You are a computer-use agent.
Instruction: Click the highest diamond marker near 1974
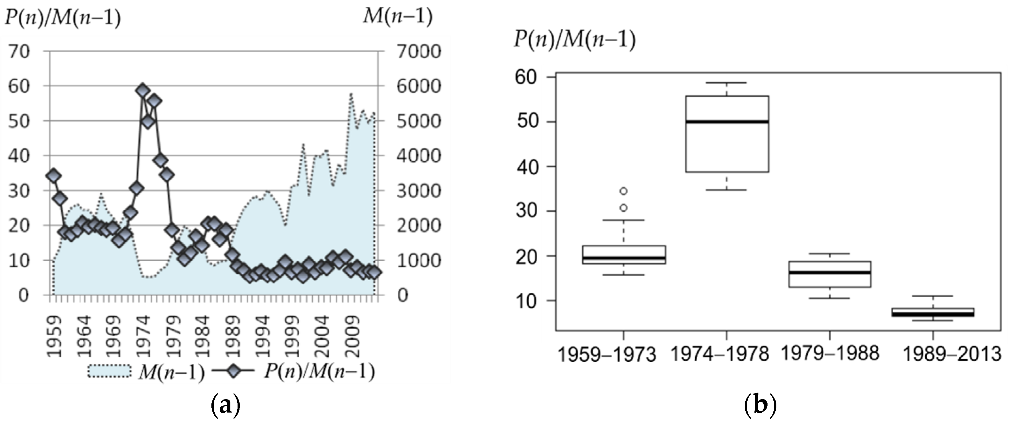pyautogui.click(x=142, y=90)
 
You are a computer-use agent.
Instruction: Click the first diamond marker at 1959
pyautogui.click(x=53, y=175)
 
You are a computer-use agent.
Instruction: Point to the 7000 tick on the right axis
pyautogui.click(x=419, y=52)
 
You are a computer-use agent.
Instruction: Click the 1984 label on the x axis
pyautogui.click(x=202, y=337)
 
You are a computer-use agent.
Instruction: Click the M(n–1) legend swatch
pyautogui.click(x=109, y=371)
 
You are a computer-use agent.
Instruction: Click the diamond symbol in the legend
pyautogui.click(x=233, y=370)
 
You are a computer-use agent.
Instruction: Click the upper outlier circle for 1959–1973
pyautogui.click(x=623, y=191)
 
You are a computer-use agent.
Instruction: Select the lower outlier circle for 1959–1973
pyautogui.click(x=623, y=208)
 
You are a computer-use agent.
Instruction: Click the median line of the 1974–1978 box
pyautogui.click(x=727, y=122)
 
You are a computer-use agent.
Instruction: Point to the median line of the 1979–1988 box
pyautogui.click(x=830, y=272)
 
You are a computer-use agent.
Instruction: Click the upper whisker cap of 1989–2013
pyautogui.click(x=933, y=296)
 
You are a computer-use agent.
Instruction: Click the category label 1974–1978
pyautogui.click(x=720, y=354)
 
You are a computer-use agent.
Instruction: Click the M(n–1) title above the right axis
pyautogui.click(x=397, y=16)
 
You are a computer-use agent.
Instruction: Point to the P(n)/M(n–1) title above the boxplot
pyautogui.click(x=574, y=40)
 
